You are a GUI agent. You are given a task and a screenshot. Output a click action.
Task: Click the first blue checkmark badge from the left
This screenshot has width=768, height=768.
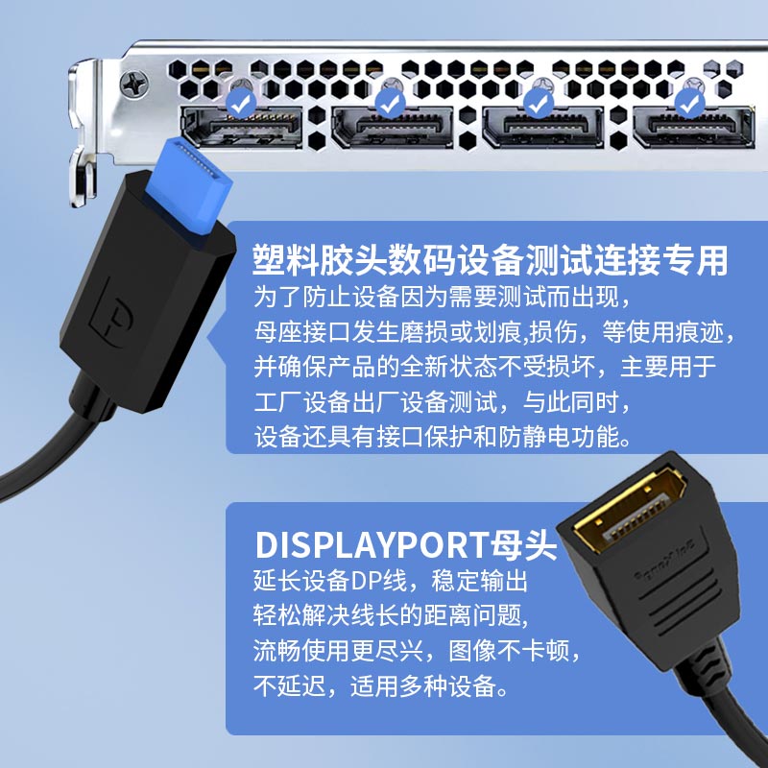click(241, 103)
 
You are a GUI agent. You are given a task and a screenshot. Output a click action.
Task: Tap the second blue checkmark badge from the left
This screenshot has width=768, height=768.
click(391, 103)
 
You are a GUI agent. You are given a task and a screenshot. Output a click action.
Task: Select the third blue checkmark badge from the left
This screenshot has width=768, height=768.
click(540, 103)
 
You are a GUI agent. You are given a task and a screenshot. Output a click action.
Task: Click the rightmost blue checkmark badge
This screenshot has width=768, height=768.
click(690, 103)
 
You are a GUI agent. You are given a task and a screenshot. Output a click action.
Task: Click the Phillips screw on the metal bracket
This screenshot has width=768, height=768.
click(134, 84)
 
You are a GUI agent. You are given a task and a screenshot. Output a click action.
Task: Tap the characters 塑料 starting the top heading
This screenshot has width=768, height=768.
click(285, 259)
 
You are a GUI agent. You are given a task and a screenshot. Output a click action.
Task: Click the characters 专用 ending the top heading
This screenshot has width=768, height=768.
click(695, 259)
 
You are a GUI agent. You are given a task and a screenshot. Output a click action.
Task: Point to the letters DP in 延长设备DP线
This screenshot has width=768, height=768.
click(362, 581)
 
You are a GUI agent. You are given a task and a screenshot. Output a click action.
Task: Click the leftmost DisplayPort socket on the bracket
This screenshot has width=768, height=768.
click(242, 127)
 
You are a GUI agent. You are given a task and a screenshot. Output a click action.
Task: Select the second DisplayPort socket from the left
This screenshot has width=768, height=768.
click(393, 127)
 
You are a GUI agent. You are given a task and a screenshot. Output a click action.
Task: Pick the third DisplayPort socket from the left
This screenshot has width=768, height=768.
click(542, 127)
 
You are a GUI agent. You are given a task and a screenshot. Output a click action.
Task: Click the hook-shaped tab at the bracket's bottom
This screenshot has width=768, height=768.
click(83, 178)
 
